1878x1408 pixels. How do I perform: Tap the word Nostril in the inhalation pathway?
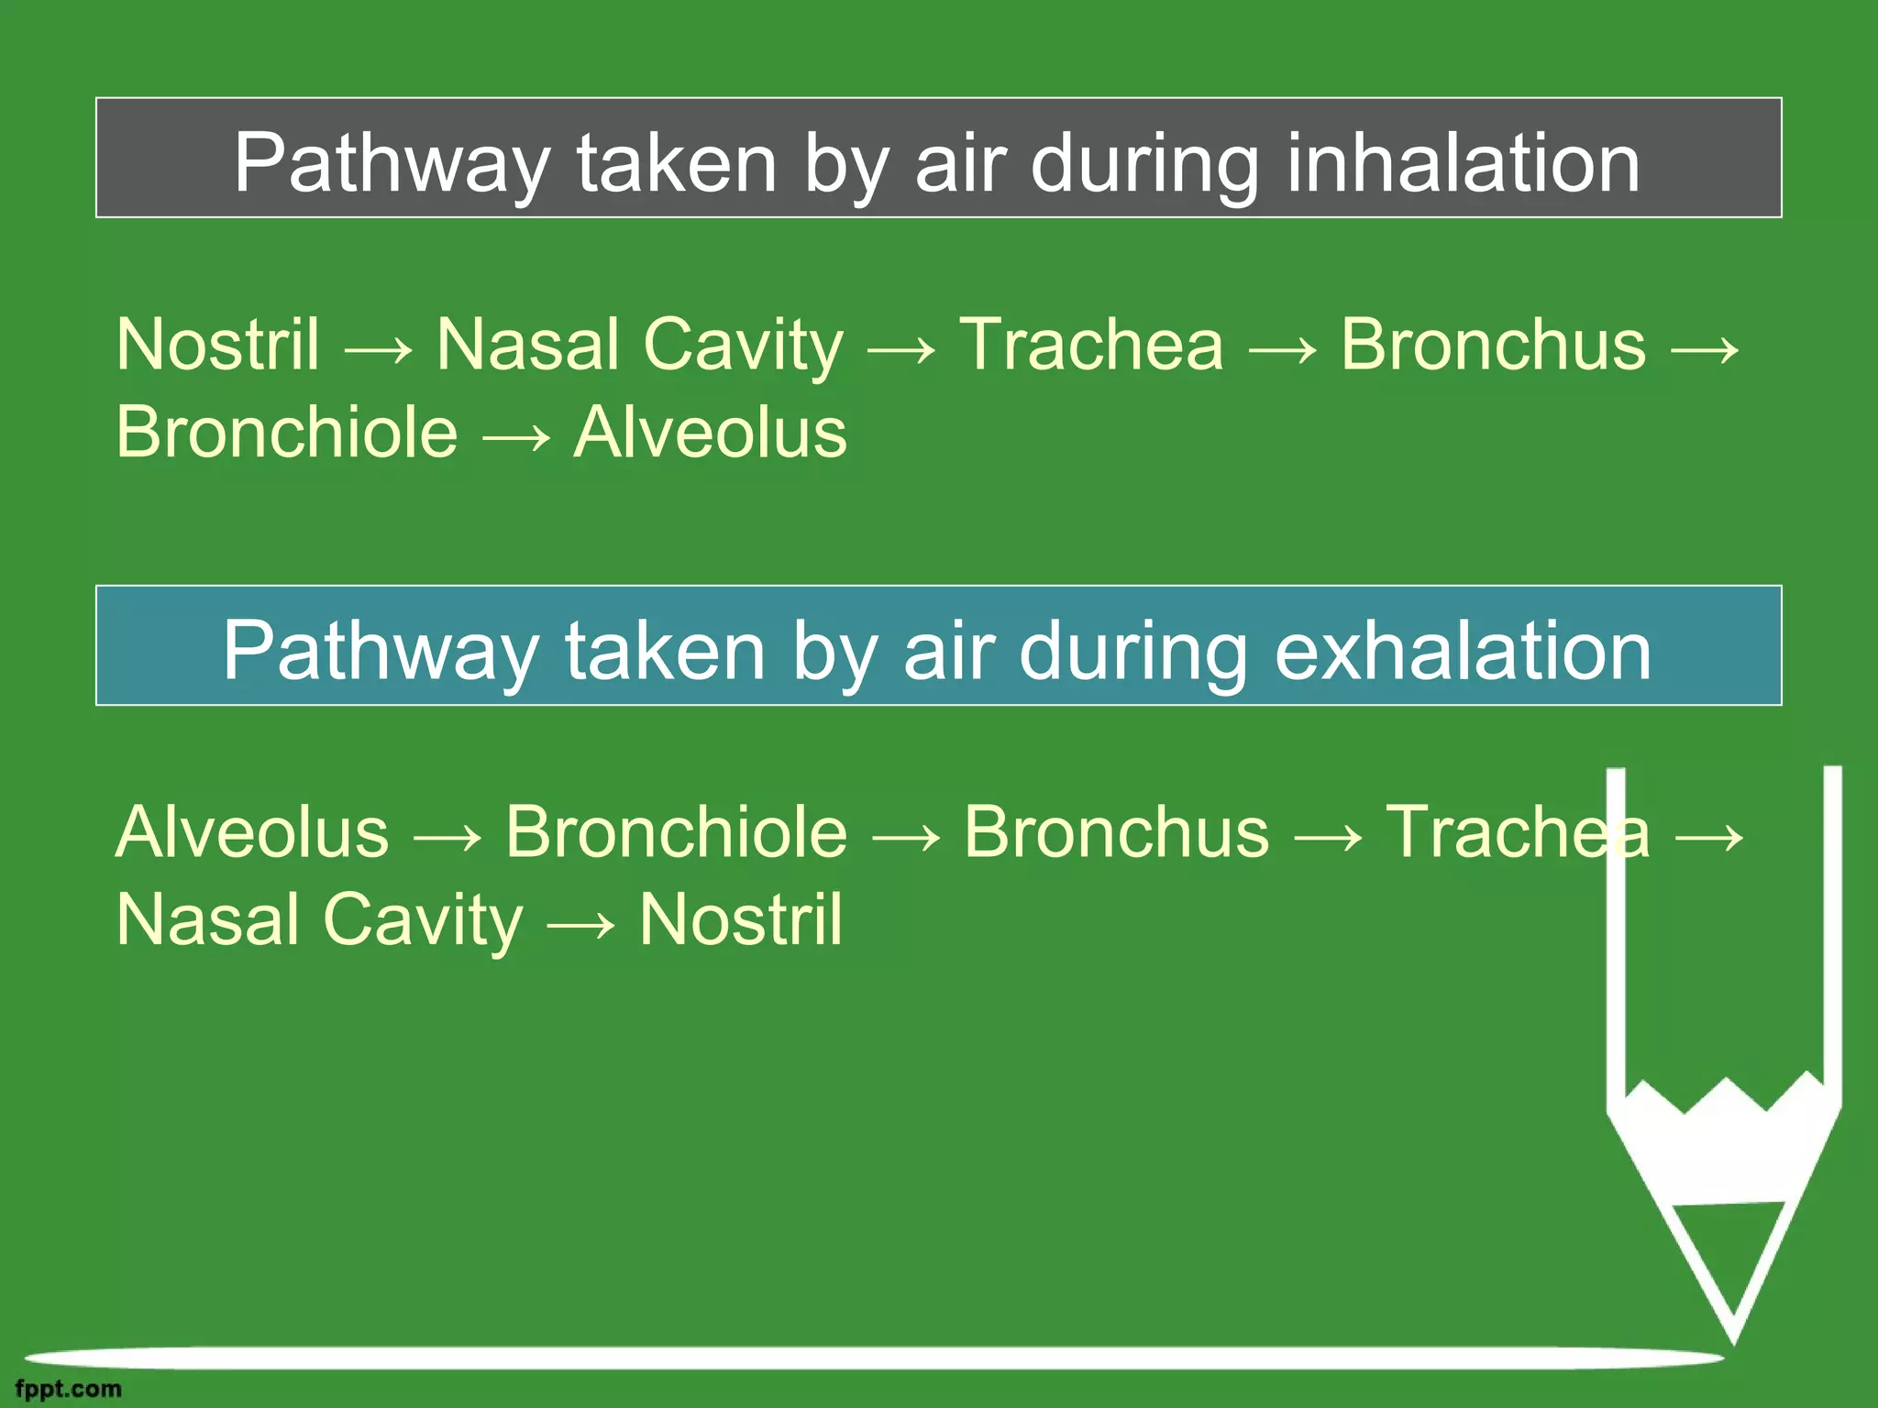(x=218, y=345)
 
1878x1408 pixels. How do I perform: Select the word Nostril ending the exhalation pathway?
(x=740, y=919)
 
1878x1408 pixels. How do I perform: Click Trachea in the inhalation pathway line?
(x=1090, y=345)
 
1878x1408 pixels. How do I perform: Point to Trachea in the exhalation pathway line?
(x=1517, y=832)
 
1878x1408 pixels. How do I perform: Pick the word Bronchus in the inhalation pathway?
(x=1493, y=345)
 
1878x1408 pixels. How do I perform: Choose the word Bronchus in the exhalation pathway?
(x=1116, y=832)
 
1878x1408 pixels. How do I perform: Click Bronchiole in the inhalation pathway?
(x=286, y=433)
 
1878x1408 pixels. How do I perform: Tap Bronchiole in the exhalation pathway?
(x=676, y=832)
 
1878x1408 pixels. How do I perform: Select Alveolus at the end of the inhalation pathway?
(x=710, y=433)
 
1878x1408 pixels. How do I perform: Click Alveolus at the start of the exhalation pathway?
(x=252, y=832)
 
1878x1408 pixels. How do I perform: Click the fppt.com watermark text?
(x=68, y=1389)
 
